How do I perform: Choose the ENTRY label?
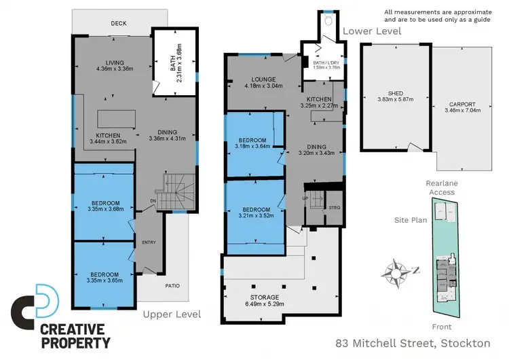[x=149, y=242]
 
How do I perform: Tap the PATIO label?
[x=172, y=285]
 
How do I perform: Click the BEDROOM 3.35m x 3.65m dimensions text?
[x=104, y=278]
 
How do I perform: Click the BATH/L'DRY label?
[x=326, y=65]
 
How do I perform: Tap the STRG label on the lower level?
[x=334, y=207]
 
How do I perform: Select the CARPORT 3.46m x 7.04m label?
[x=461, y=107]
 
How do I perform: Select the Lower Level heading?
[x=372, y=31]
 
